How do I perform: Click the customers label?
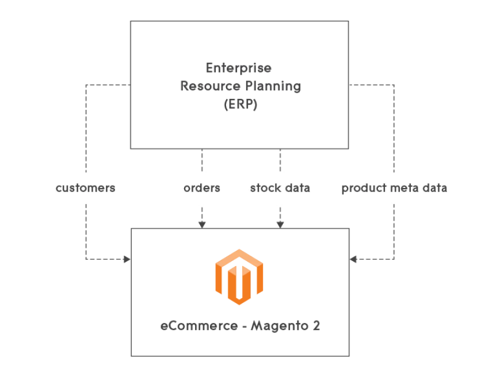[85, 188]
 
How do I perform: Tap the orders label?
[201, 188]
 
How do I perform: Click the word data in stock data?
[297, 188]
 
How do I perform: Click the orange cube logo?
[239, 277]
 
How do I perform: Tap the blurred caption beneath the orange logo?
[239, 325]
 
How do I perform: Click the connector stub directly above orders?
[202, 160]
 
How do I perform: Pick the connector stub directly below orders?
[202, 216]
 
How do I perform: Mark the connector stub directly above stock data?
[281, 160]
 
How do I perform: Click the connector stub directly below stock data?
[281, 216]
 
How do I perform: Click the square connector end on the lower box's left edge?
[124, 260]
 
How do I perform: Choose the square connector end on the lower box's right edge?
[354, 260]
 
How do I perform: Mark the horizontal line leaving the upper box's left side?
[108, 85]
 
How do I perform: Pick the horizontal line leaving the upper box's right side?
[372, 85]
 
